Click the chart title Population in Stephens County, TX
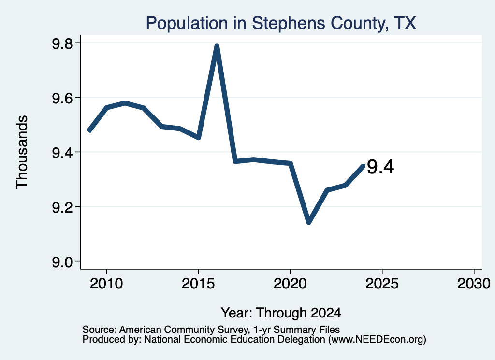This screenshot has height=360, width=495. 281,23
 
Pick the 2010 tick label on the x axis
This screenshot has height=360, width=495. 106,283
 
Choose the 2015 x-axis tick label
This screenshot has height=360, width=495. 198,283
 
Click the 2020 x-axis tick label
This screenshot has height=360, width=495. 290,283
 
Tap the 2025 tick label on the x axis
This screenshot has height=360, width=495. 382,283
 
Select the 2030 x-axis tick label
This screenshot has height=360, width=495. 474,283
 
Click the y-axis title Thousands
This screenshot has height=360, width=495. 22,152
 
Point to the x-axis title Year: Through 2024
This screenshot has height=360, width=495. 281,313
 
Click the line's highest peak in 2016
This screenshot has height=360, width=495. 217,46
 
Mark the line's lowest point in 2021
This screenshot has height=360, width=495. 309,222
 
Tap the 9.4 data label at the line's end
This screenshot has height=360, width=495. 380,167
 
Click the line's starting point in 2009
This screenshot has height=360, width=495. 88,131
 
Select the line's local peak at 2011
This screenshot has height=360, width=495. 125,103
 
